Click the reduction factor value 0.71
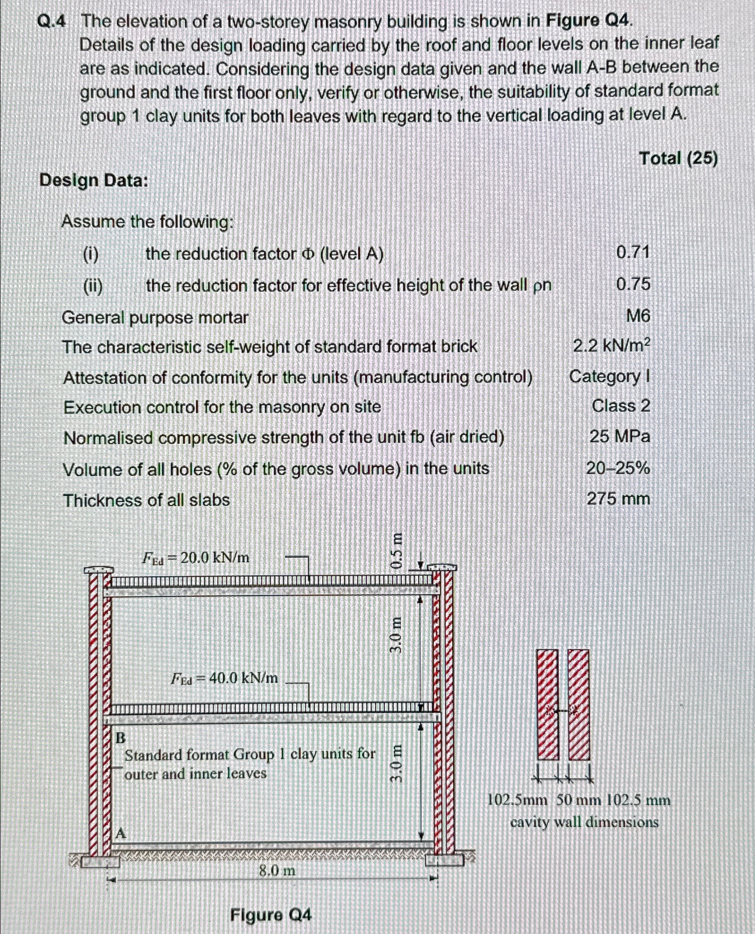pyautogui.click(x=633, y=253)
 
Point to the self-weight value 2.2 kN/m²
pyautogui.click(x=612, y=346)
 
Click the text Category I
pyautogui.click(x=609, y=377)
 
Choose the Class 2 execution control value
pyautogui.click(x=621, y=406)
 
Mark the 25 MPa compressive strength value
pyautogui.click(x=619, y=436)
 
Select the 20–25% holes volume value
pyautogui.click(x=618, y=469)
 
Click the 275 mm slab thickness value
pyautogui.click(x=618, y=499)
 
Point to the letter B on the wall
pyautogui.click(x=121, y=738)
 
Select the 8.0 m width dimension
pyautogui.click(x=277, y=871)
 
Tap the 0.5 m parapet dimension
pyautogui.click(x=396, y=551)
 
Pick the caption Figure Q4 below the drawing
pyautogui.click(x=271, y=915)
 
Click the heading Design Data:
pyautogui.click(x=94, y=181)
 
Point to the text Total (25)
pyautogui.click(x=678, y=158)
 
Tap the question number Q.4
pyautogui.click(x=52, y=22)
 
